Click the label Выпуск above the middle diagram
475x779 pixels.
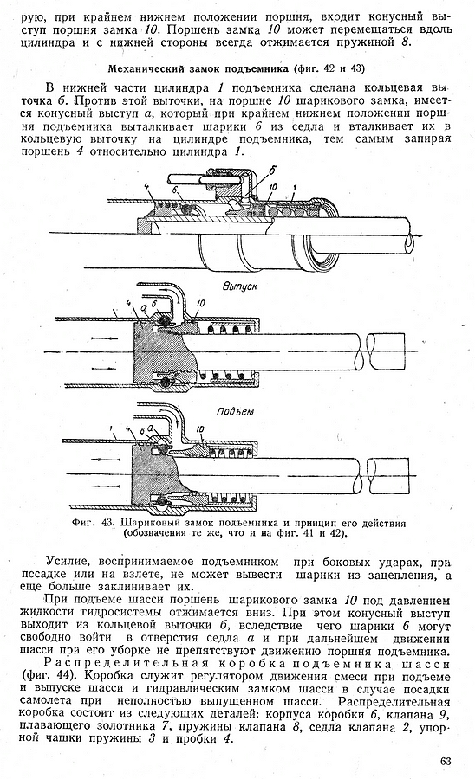pyautogui.click(x=240, y=286)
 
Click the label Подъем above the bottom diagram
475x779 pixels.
pyautogui.click(x=235, y=412)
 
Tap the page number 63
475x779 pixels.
pyautogui.click(x=446, y=761)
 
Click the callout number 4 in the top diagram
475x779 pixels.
pyautogui.click(x=146, y=186)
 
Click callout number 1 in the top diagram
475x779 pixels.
pyautogui.click(x=295, y=187)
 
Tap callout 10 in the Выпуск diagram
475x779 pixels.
pyautogui.click(x=201, y=303)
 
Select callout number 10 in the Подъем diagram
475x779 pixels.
pyautogui.click(x=201, y=428)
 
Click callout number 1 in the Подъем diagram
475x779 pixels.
pyautogui.click(x=110, y=428)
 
